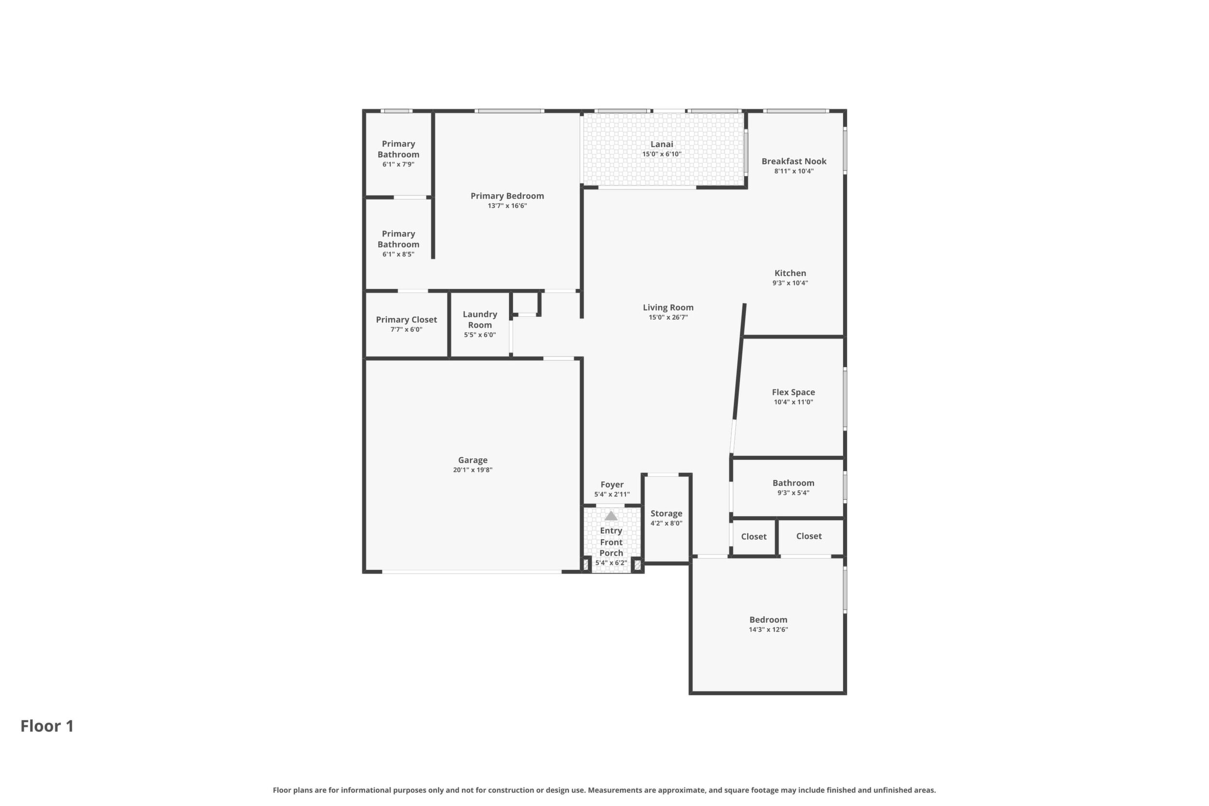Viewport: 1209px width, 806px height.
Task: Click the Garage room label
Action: pos(472,460)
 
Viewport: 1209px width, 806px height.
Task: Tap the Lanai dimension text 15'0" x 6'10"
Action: pos(662,154)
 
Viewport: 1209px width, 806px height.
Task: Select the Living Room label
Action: pos(668,308)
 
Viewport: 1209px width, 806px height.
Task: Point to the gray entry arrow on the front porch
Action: pos(611,515)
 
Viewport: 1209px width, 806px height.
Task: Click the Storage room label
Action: pos(666,513)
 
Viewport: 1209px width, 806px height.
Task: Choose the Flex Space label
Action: pos(793,392)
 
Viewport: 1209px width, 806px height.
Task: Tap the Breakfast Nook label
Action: pos(794,161)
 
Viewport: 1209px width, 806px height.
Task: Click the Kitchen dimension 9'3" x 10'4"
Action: pos(790,283)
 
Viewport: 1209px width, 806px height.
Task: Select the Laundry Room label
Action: pos(480,319)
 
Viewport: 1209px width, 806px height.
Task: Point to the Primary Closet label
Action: pos(406,320)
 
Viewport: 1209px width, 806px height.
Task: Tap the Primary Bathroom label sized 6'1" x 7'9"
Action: pos(398,149)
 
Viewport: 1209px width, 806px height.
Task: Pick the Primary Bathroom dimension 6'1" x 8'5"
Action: pos(398,254)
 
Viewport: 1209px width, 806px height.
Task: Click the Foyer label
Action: pos(612,485)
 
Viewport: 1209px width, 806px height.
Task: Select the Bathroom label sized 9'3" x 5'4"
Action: pos(793,482)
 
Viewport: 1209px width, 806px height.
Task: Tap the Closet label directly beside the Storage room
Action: pos(754,537)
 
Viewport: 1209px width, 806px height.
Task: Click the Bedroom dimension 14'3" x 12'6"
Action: pos(768,630)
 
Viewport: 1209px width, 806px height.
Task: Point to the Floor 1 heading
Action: pos(47,726)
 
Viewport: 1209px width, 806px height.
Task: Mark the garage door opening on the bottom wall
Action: pos(471,572)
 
